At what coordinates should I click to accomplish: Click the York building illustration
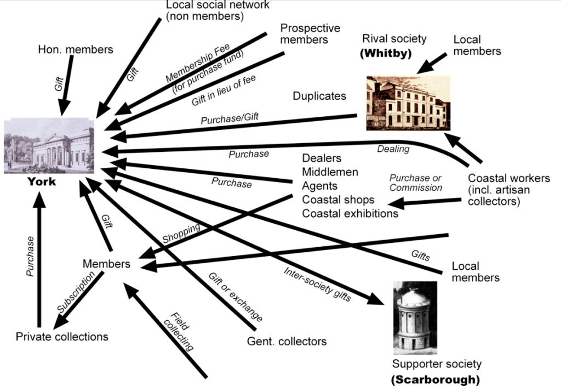[49, 145]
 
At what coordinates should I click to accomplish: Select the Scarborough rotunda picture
[414, 318]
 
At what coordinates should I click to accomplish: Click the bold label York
[42, 181]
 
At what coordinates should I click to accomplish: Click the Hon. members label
[76, 49]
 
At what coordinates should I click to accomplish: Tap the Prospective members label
[310, 33]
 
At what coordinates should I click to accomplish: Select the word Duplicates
[319, 96]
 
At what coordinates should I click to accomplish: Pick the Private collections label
[62, 336]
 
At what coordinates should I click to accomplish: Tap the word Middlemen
[330, 172]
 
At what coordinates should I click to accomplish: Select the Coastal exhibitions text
[350, 213]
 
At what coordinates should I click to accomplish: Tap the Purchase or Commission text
[416, 183]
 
